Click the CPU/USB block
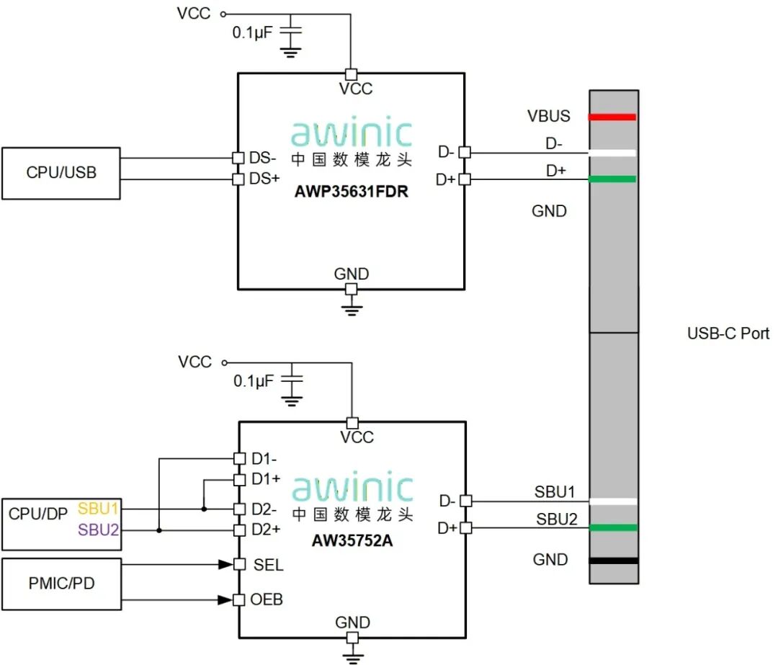(61, 173)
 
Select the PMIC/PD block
(61, 584)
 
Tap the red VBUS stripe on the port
(612, 117)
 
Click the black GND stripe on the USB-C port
(614, 561)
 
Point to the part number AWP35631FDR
(352, 192)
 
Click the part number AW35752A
(352, 540)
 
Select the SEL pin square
(240, 564)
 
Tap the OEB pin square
(239, 600)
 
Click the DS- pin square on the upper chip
(238, 158)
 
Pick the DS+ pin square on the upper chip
(238, 179)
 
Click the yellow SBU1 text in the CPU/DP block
(98, 509)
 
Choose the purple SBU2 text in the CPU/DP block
(98, 530)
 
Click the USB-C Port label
(728, 334)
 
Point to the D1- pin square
(240, 458)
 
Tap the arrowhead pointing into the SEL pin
(226, 564)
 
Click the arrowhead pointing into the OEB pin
(225, 600)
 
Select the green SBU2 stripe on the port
(614, 527)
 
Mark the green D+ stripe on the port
(612, 179)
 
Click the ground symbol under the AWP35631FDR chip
(352, 309)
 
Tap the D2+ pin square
(240, 530)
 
